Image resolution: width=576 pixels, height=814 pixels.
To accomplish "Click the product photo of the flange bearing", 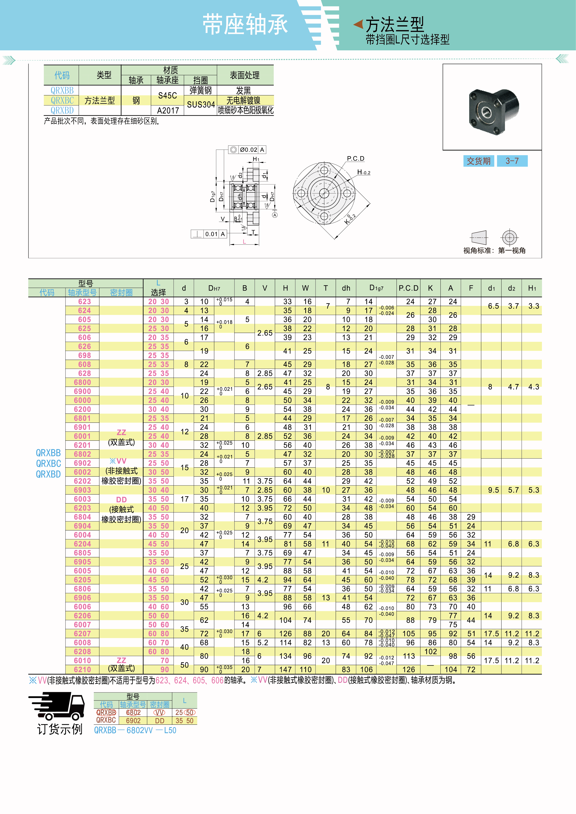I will click(493, 110).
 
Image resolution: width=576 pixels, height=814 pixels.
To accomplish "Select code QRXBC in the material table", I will click(62, 100).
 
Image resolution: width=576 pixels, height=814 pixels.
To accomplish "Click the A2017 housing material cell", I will click(168, 110).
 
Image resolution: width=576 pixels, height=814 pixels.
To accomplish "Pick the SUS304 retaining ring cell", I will click(201, 105).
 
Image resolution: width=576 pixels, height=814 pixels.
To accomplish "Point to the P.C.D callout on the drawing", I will click(355, 158).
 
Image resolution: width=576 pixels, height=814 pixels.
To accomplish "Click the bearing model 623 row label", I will click(85, 302).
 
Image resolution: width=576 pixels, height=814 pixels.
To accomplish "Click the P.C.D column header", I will click(408, 288).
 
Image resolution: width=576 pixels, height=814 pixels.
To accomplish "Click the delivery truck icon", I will click(57, 706).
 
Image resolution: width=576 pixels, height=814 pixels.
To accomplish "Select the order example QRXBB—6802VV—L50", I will click(135, 730).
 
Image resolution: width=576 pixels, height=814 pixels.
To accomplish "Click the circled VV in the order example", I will click(159, 713).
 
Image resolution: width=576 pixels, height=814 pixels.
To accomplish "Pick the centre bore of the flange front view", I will click(324, 193).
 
